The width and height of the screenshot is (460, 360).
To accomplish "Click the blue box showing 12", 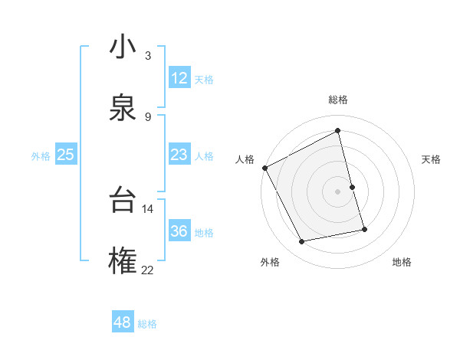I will pos(179,78).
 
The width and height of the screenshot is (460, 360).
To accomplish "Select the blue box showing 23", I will pos(179,155).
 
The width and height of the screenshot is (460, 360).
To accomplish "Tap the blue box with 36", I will pos(179,231).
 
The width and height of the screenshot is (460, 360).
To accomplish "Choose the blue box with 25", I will pos(65,155).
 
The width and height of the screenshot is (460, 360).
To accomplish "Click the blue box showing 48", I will pos(123,322).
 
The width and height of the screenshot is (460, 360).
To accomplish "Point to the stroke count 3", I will pos(148,56).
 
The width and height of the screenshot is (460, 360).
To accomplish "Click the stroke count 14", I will pos(147,208).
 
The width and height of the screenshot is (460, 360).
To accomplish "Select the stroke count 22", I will pos(147,269).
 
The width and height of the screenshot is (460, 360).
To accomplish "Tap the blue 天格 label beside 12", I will pos(204,80).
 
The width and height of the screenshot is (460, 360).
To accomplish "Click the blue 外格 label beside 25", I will pos(41,156).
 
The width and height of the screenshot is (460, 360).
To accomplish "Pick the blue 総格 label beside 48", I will pos(147,324).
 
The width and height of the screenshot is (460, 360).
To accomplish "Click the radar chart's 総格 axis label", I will pos(338,100).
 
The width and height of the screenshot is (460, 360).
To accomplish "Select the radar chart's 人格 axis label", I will pos(245,159).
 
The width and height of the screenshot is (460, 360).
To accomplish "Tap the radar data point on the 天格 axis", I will pos(352,187).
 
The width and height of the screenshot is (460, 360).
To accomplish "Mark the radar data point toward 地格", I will pos(364,228).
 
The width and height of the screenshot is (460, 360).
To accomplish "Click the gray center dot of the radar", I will pos(338,191).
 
